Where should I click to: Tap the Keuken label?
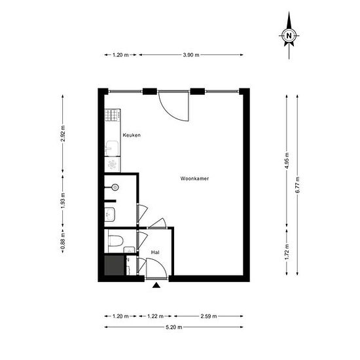tap(132, 135)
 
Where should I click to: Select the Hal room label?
tap(156, 252)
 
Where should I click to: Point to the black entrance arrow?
tap(156, 285)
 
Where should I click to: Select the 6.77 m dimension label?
tap(297, 185)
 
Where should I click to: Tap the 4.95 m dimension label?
tap(287, 161)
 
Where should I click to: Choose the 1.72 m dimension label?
tap(287, 251)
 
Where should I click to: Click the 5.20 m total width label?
tap(173, 327)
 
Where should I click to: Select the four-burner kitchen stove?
tap(110, 116)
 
